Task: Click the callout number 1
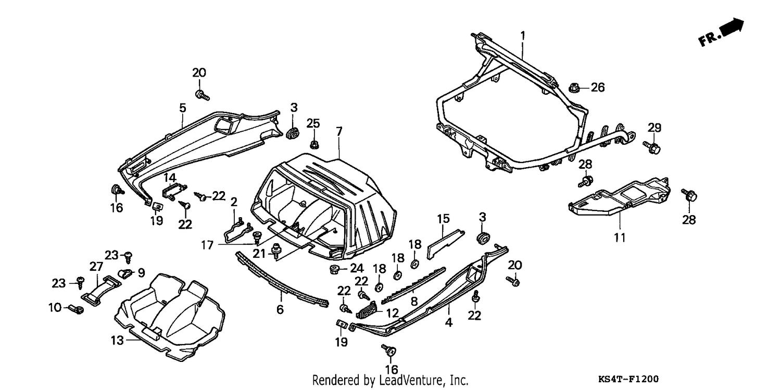523,35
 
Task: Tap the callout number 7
339,131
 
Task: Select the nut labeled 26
574,87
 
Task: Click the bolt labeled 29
651,147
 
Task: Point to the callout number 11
620,237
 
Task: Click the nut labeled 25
314,144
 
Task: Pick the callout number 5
183,108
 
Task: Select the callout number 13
118,340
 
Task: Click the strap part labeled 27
101,291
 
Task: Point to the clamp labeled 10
75,309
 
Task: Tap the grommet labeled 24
335,269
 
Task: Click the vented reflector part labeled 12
367,310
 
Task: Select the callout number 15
443,219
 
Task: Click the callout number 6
280,309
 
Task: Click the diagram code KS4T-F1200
628,379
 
